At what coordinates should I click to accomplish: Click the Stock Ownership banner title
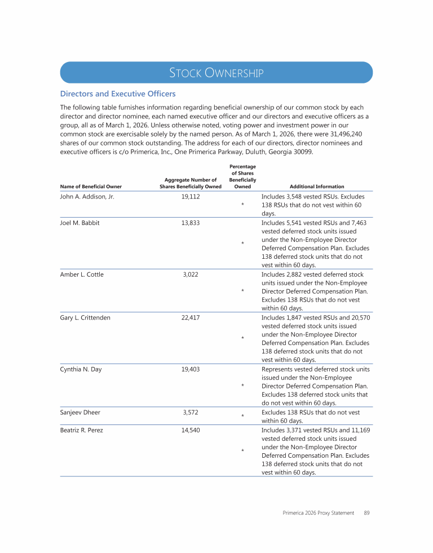[216, 73]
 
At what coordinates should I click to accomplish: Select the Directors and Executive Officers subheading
[118, 94]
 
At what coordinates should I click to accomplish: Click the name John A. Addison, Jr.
[87, 197]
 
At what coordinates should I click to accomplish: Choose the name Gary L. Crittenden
[85, 317]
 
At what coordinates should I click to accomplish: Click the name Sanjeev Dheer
[80, 412]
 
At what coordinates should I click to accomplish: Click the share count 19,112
[191, 197]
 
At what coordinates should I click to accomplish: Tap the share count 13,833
[191, 223]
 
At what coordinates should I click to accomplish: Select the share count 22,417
[191, 317]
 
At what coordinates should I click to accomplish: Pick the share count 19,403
[191, 369]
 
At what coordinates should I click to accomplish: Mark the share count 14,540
[191, 430]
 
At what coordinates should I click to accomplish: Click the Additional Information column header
[316, 187]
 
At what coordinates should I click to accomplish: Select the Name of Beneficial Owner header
[91, 187]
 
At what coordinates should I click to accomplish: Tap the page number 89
[366, 513]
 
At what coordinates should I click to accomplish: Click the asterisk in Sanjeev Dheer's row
[242, 417]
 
